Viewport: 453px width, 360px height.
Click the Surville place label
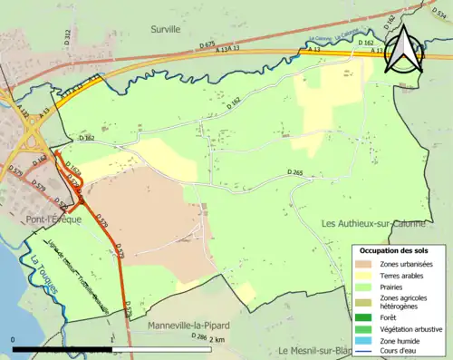click(x=166, y=29)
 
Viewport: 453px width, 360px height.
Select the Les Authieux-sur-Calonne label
click(x=374, y=223)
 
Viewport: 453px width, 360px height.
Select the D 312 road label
click(x=67, y=35)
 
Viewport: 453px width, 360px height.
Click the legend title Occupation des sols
click(x=400, y=250)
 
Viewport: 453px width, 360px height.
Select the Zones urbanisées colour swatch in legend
click(x=362, y=264)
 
